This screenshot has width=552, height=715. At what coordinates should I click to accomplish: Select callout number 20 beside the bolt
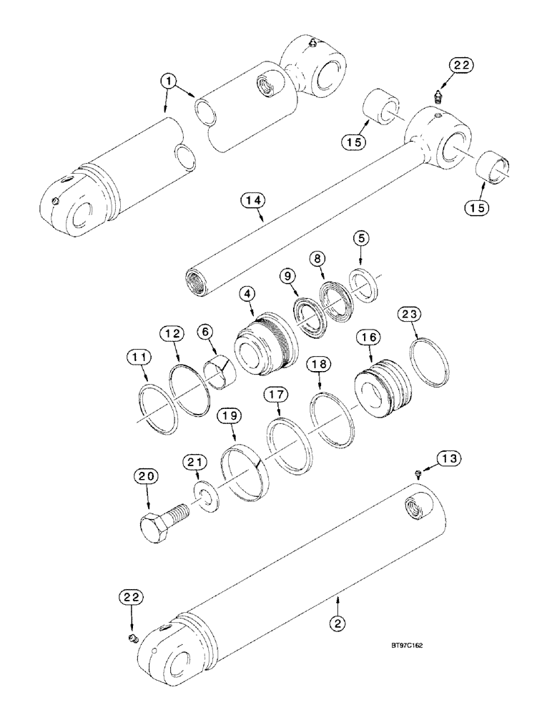[x=147, y=476]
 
